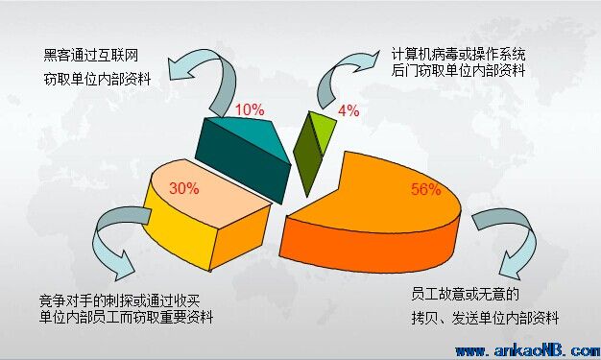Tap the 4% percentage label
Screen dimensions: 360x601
pos(349,110)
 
